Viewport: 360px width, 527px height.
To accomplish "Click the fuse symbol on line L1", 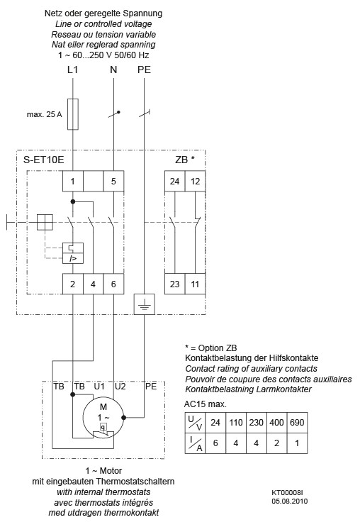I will (x=72, y=113).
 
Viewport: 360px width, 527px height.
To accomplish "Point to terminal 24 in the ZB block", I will (x=174, y=181).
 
